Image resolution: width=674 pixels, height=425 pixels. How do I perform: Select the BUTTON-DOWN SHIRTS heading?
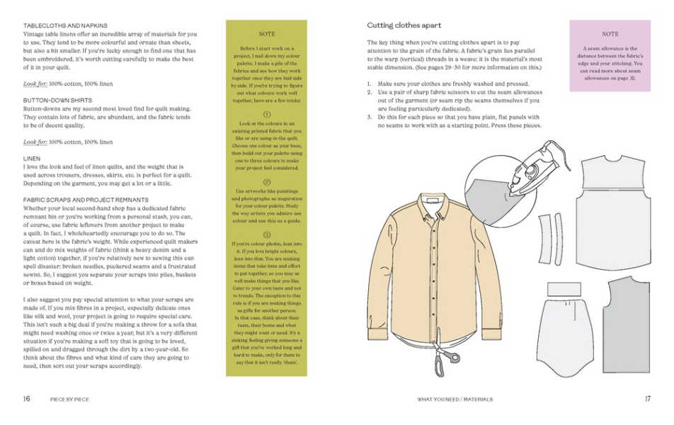pos(50,101)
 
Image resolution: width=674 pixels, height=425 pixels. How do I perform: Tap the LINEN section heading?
pos(31,158)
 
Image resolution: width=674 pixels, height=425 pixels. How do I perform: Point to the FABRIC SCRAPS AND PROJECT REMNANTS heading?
pos(86,200)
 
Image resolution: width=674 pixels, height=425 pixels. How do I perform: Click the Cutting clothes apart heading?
pos(404,25)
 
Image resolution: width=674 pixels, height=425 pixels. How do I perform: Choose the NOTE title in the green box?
pos(267,34)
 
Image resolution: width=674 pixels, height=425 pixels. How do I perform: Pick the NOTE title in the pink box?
pos(610,33)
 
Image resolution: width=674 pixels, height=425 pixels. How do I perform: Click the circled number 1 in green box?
pos(267,114)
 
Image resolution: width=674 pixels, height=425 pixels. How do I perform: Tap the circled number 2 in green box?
pos(267,182)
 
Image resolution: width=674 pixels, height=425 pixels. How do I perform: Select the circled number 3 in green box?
pos(267,234)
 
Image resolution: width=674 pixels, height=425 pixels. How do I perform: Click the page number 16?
pos(26,399)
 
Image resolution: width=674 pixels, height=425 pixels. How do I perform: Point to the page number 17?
pos(647,399)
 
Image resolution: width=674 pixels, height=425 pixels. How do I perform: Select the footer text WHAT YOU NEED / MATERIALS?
pos(455,399)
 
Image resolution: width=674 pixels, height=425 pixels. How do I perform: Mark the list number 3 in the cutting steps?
pos(369,117)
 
